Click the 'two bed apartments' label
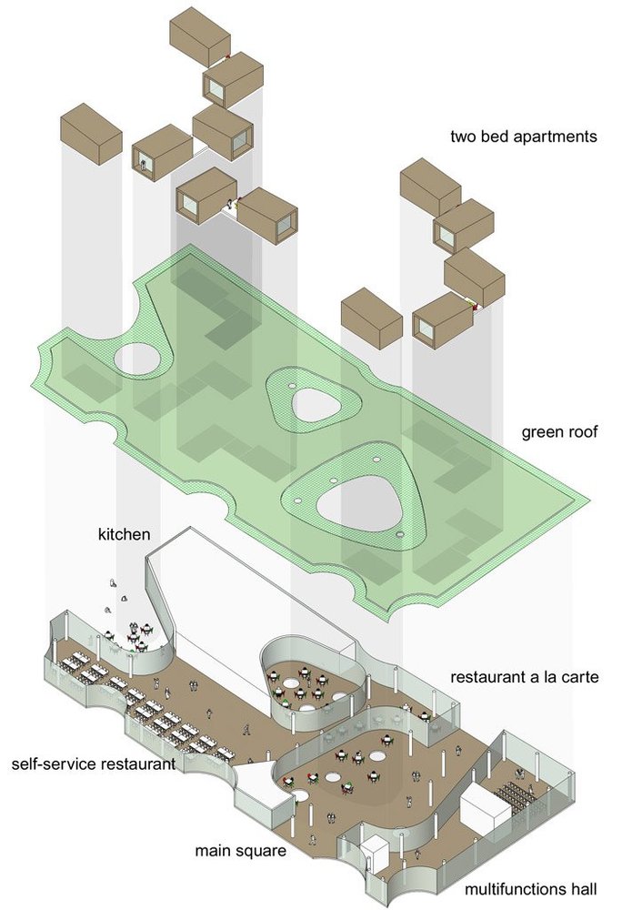[524, 137]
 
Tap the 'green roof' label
[559, 432]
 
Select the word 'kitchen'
[124, 534]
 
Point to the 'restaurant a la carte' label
[524, 677]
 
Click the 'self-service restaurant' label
[94, 763]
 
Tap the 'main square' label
[240, 852]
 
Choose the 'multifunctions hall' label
[530, 890]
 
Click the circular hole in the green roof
[137, 358]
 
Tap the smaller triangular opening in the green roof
[316, 405]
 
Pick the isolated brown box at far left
[91, 134]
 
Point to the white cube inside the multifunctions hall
[486, 807]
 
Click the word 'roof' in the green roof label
[580, 431]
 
